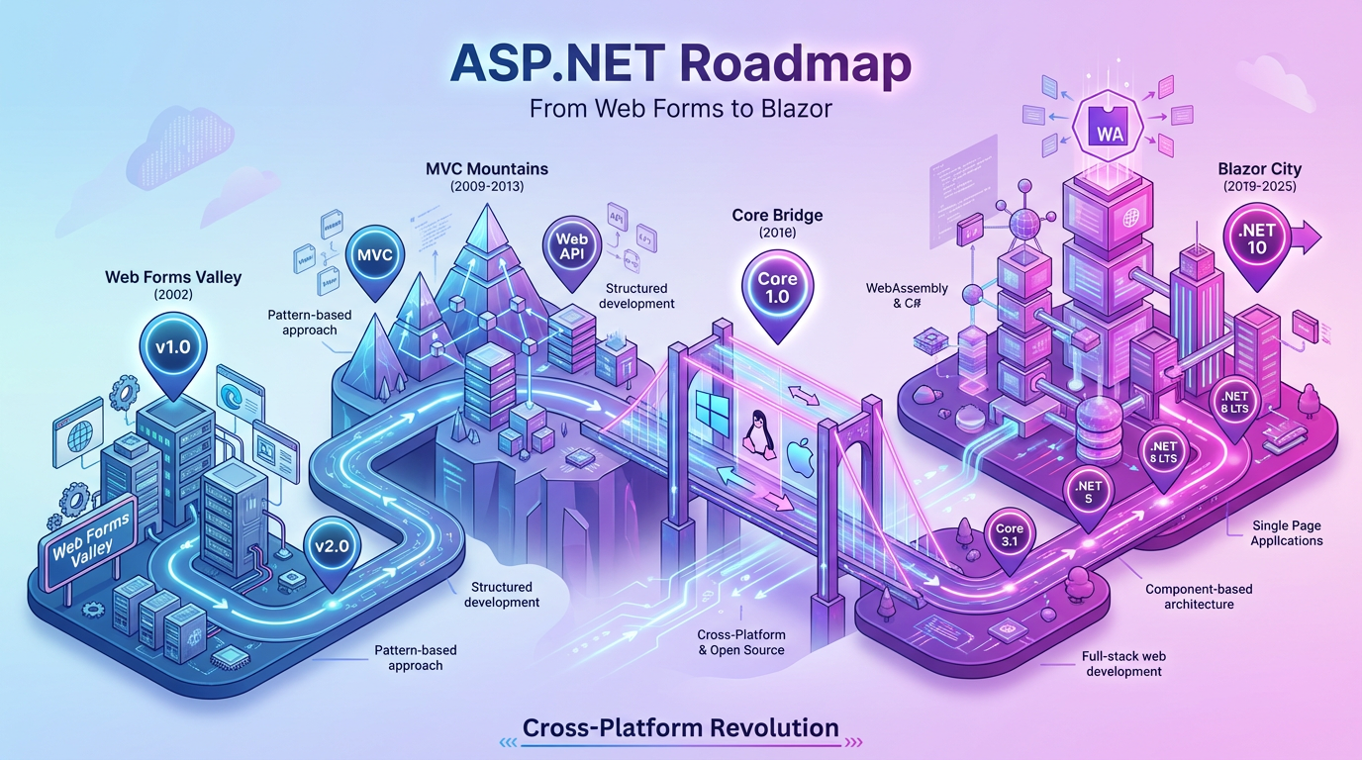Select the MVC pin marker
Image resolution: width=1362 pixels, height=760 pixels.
[373, 256]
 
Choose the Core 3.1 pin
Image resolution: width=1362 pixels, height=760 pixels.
[1010, 535]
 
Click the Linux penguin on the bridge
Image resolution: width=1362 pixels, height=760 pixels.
[752, 427]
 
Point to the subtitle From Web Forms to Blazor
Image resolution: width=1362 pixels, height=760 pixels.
[680, 107]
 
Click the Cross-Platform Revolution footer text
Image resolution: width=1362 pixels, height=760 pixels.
[680, 728]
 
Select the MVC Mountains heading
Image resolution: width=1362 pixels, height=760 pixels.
[486, 169]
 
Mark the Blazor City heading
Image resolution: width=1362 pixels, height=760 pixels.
[1260, 170]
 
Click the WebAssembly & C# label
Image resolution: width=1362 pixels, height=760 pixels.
[907, 296]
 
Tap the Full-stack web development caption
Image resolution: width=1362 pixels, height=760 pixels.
[1123, 663]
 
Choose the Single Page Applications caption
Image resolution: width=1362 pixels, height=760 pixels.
[1287, 532]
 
